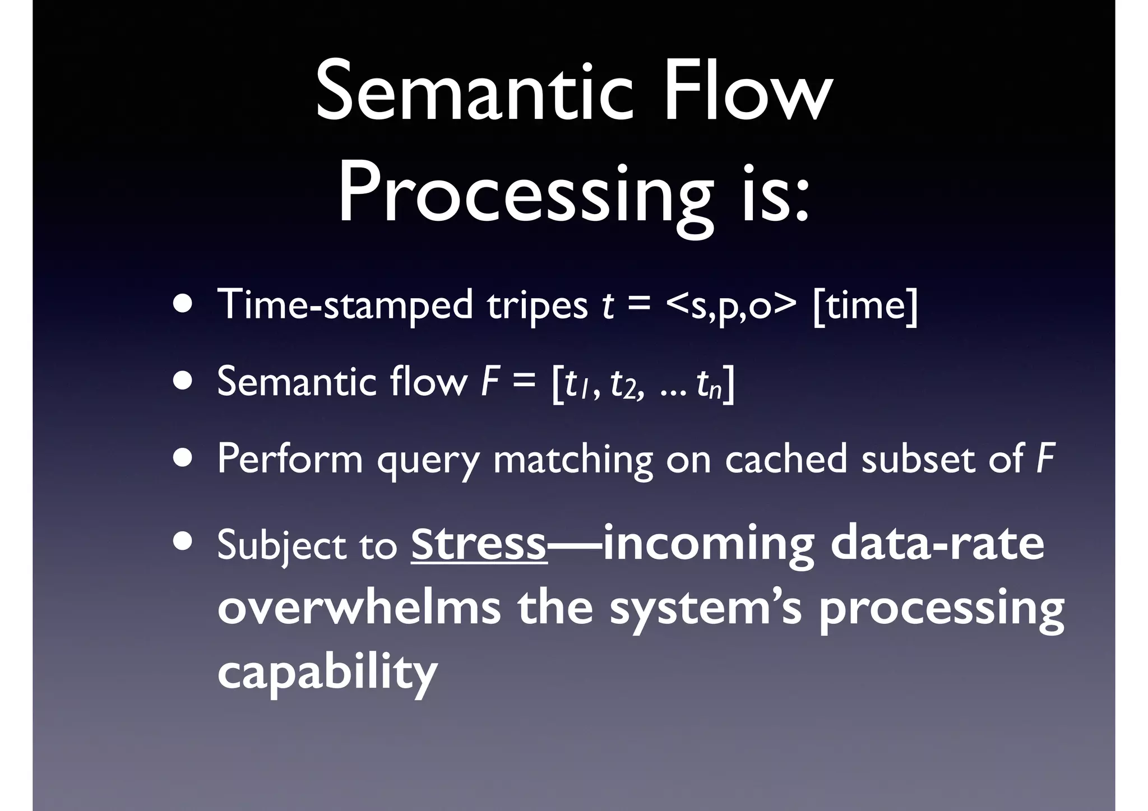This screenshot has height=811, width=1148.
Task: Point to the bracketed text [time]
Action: point(865,305)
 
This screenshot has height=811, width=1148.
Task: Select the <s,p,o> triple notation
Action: point(731,307)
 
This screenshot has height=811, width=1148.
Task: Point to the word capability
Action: point(327,673)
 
